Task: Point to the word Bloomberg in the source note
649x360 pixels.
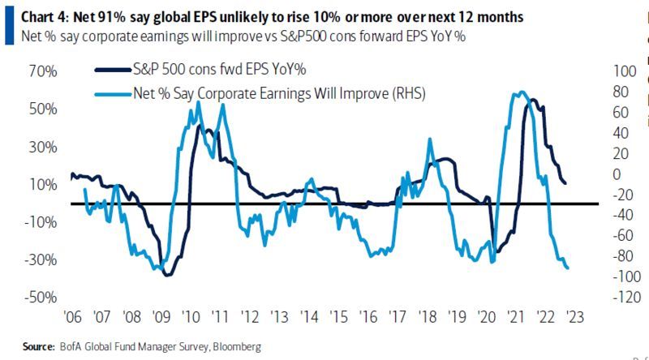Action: (x=236, y=346)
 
